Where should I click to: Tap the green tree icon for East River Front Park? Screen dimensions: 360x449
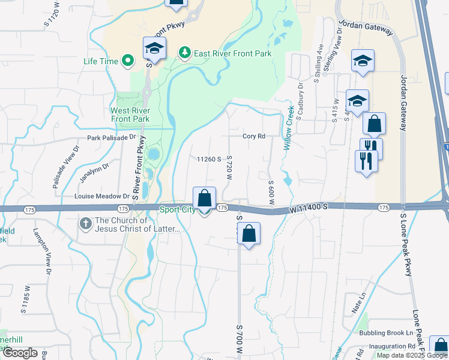185,53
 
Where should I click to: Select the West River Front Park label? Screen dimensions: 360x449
130,115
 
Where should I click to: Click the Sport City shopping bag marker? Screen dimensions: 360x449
204,199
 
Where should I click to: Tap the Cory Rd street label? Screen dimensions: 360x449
253,136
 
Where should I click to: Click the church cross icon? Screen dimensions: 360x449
86,223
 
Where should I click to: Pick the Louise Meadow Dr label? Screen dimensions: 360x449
101,196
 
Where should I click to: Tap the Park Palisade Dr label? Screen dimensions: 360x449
112,137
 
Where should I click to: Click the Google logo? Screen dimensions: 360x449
20,353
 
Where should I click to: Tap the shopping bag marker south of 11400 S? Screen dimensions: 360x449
249,234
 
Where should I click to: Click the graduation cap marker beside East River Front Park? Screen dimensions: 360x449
154,49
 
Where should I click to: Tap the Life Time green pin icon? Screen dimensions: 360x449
127,61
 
